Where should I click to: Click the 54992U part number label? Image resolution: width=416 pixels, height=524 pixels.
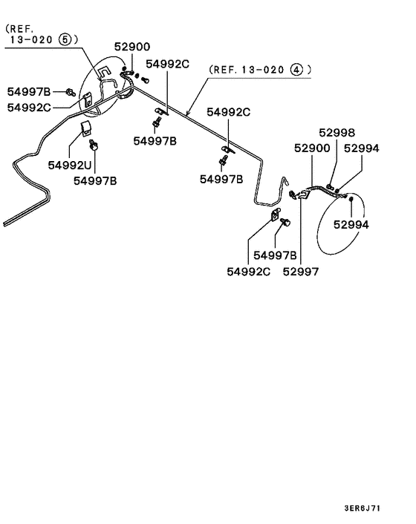[73, 165]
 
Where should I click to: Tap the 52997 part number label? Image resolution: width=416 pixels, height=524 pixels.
[300, 272]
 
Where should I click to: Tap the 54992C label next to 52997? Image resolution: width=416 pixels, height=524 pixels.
[249, 272]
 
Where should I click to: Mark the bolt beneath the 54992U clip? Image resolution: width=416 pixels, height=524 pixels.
[94, 143]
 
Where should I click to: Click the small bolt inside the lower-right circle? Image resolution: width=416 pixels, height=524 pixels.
[351, 200]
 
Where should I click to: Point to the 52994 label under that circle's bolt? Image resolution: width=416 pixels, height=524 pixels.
[351, 223]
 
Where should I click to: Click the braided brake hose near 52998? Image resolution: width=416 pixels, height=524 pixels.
[319, 191]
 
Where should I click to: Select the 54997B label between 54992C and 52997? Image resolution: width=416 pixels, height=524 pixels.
[275, 255]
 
